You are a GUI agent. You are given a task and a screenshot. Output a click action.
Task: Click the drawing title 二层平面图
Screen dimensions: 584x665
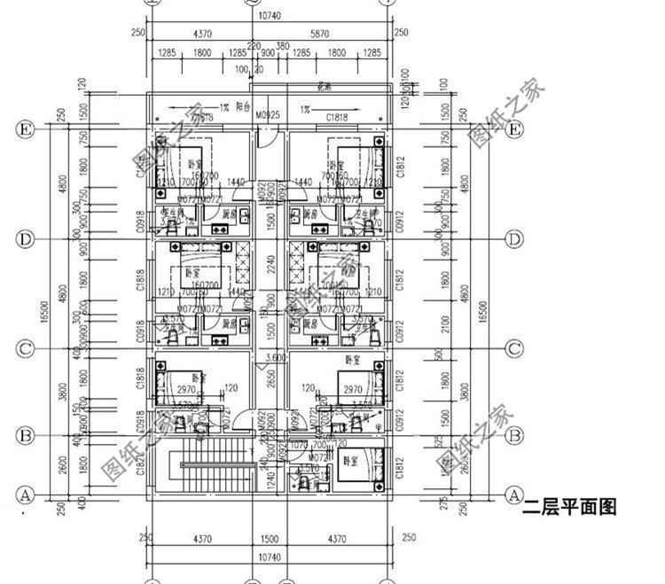(x=568, y=509)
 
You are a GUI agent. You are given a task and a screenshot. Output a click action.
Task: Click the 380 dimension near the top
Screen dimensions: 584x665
(x=282, y=46)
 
